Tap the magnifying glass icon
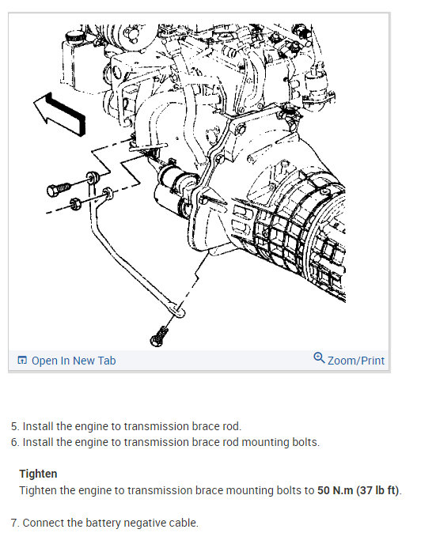319,358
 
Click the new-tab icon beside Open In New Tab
22,360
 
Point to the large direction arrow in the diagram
60,114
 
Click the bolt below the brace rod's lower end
158,337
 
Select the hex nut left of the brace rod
75,203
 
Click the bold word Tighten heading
38,474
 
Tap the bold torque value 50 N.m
335,490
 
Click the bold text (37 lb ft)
377,490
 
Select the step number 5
15,426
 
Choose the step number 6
15,442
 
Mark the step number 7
15,523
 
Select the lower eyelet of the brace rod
178,311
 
